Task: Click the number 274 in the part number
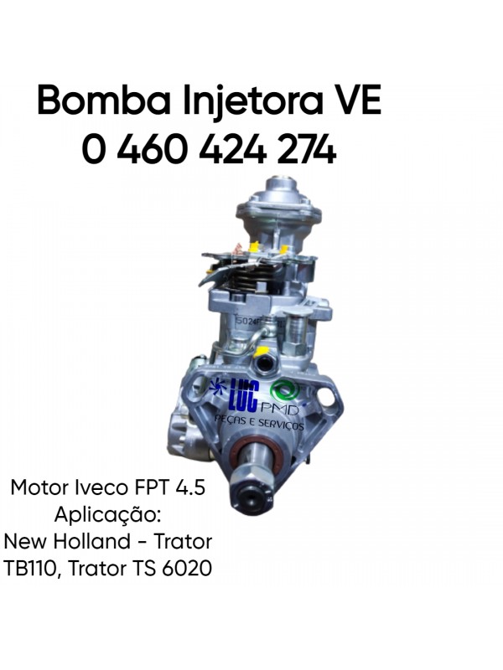coord(306,149)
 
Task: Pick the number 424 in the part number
coord(233,149)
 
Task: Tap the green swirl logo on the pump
coord(285,391)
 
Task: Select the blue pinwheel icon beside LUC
coord(217,388)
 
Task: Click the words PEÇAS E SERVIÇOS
coord(259,422)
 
